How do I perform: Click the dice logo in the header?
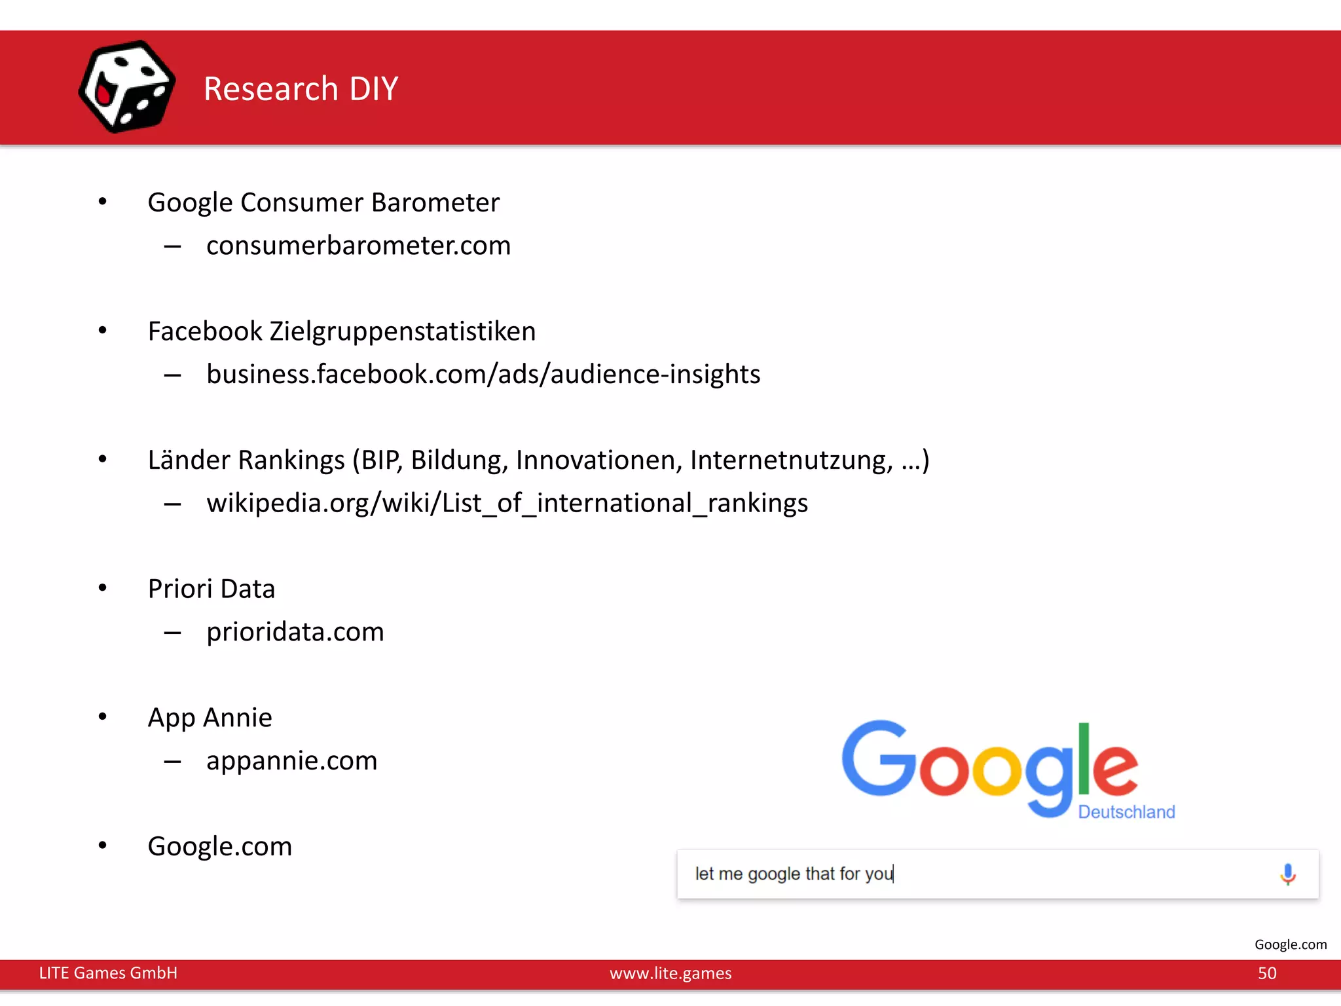[126, 87]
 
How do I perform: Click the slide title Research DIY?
[301, 88]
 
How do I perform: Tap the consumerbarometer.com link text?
[358, 246]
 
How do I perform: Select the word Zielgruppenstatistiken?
[402, 331]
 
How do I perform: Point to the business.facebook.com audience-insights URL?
[483, 374]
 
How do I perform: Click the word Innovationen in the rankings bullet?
[598, 460]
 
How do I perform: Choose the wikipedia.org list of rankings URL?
[507, 503]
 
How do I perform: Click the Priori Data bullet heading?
[211, 589]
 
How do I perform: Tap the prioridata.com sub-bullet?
[295, 632]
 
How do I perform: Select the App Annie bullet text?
[210, 718]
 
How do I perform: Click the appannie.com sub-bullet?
[291, 761]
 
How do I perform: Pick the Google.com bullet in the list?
[219, 846]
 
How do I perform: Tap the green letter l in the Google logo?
[1084, 758]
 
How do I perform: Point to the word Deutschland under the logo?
[1126, 812]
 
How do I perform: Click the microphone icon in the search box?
[1287, 874]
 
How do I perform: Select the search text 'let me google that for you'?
[794, 874]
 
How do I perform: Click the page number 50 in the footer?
[1267, 973]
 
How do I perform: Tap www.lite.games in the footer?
[670, 973]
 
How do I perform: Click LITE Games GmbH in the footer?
[108, 973]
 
